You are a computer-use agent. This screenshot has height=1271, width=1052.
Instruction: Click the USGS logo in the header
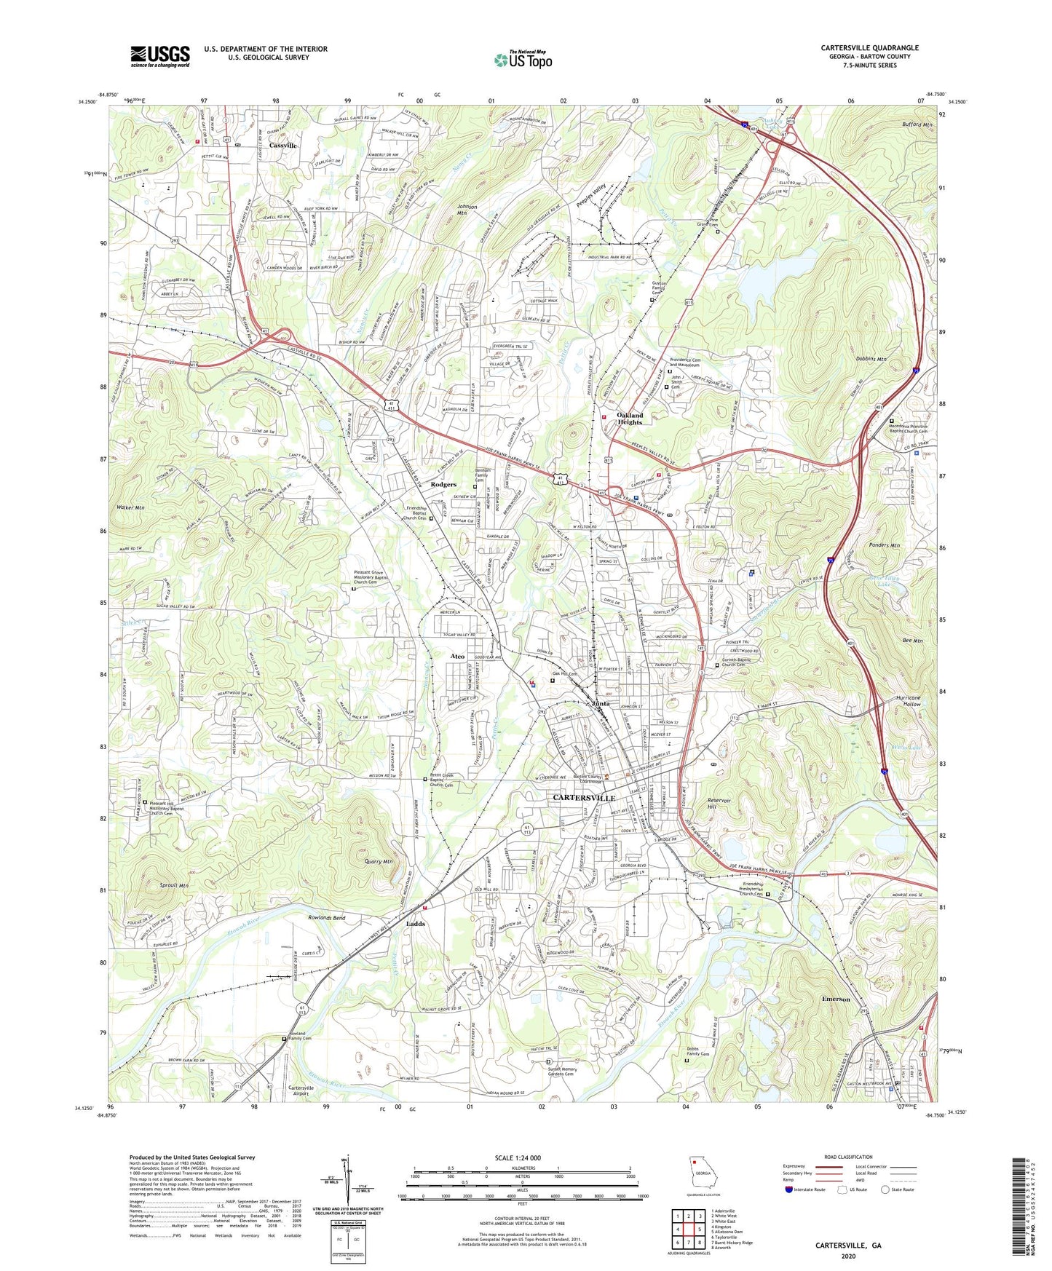coord(160,55)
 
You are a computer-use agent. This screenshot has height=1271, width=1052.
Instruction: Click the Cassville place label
coord(282,146)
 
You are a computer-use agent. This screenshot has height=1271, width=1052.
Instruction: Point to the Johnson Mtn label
coord(467,210)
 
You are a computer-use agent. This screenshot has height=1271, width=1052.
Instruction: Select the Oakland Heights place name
coord(630,419)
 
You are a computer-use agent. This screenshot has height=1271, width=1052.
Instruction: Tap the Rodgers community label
coord(443,484)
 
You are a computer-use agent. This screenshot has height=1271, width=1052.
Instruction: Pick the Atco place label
coord(457,657)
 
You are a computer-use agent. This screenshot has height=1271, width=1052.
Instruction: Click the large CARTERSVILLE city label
coord(584,799)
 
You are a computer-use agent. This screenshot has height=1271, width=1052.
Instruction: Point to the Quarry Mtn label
coord(378,862)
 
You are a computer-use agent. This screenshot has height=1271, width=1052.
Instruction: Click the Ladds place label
coord(415,924)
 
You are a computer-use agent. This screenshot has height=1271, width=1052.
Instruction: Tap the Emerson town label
coord(835,999)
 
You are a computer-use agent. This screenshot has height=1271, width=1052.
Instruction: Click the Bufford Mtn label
coord(915,124)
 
